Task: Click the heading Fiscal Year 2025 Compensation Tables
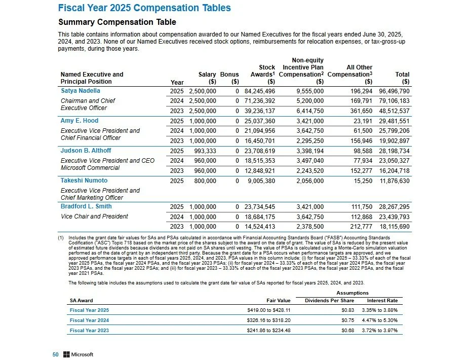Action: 144,8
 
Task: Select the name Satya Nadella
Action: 80,91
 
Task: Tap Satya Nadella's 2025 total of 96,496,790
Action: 391,91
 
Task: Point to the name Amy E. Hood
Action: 80,121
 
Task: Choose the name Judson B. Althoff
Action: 86,151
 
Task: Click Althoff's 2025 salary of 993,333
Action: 205,151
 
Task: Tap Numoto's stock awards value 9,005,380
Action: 261,181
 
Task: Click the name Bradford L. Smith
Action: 86,207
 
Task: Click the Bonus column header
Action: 229,75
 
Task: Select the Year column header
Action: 177,82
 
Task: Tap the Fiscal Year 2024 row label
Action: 89,320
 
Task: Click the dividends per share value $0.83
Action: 348,310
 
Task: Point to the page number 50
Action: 56,354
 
